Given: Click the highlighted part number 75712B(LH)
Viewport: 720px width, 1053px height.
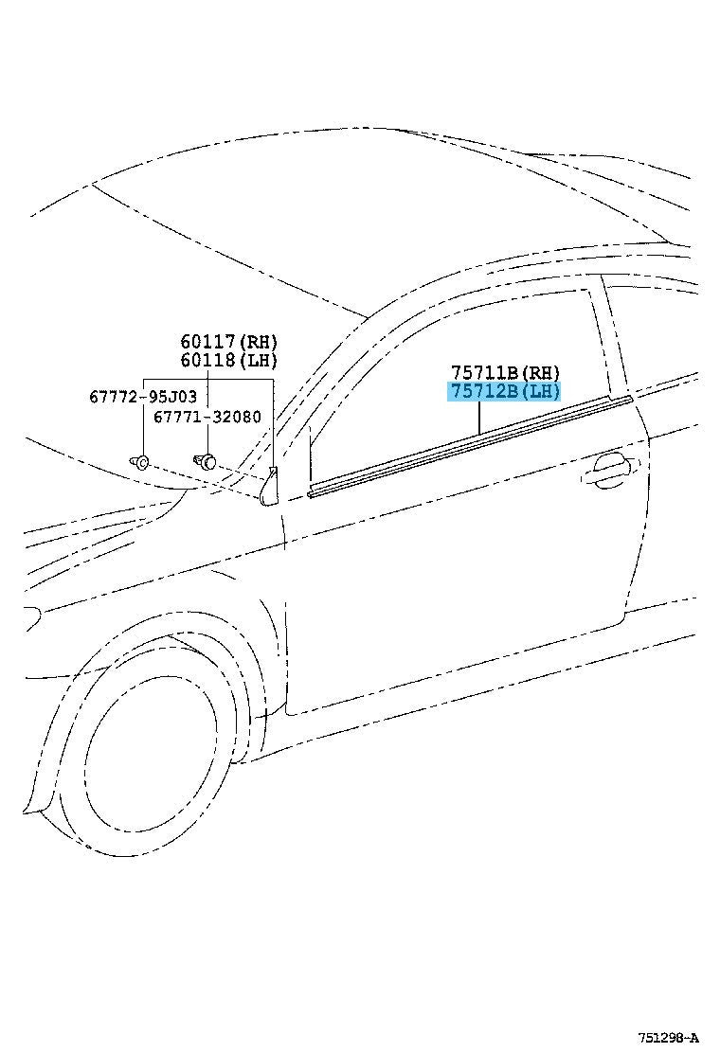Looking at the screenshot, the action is (504, 391).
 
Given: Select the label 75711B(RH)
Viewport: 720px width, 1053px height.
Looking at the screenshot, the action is (505, 372).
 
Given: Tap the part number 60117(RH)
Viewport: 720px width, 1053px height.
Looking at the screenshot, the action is (228, 342).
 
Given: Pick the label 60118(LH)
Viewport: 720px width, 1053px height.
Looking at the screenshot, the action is (228, 361).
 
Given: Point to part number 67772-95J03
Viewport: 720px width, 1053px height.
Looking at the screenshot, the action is (143, 397).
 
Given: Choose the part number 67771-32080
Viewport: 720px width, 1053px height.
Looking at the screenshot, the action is (207, 417).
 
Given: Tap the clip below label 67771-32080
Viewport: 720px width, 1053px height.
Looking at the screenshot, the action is (206, 460).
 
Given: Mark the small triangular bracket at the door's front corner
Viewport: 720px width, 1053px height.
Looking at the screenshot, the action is (270, 485).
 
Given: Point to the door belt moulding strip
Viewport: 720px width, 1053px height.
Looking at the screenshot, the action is (470, 446).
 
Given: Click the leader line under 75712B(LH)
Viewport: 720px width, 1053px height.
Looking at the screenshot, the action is (478, 418).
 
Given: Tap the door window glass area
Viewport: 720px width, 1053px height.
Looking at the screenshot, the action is (457, 376).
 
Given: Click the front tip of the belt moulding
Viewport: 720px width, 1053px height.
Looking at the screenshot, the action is (311, 495).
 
